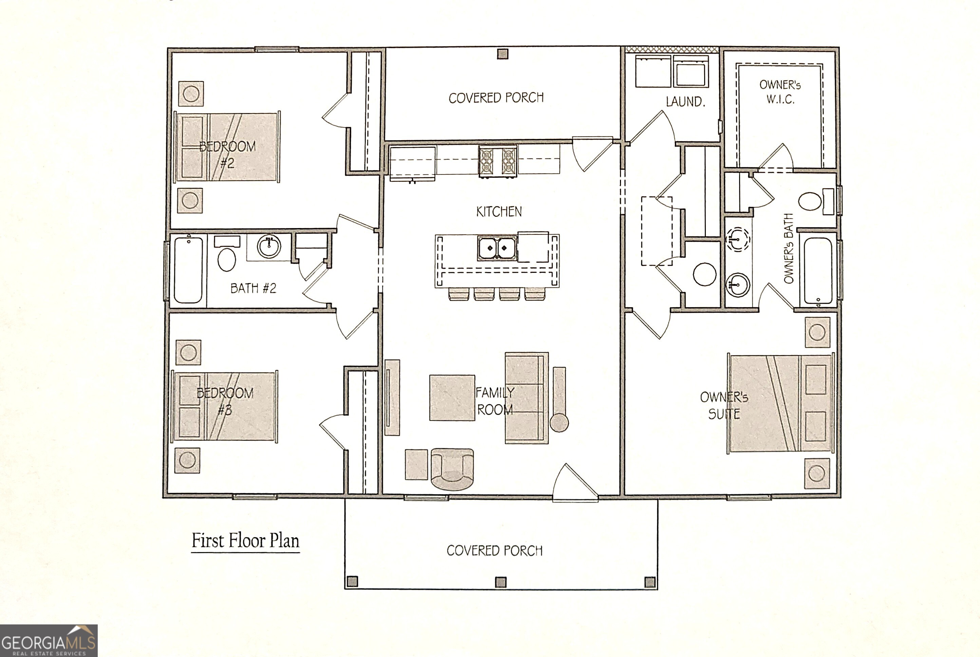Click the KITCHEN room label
pyautogui.click(x=498, y=212)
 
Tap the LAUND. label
pyautogui.click(x=685, y=101)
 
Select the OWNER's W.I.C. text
pyautogui.click(x=780, y=92)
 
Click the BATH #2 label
pyautogui.click(x=253, y=288)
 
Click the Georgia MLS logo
pyautogui.click(x=49, y=641)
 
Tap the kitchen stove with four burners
pyautogui.click(x=498, y=161)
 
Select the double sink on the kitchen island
pyautogui.click(x=497, y=248)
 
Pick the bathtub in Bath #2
pyautogui.click(x=188, y=270)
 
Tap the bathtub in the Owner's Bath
pyautogui.click(x=818, y=270)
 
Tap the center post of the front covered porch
pyautogui.click(x=501, y=582)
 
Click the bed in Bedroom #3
pyautogui.click(x=225, y=406)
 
